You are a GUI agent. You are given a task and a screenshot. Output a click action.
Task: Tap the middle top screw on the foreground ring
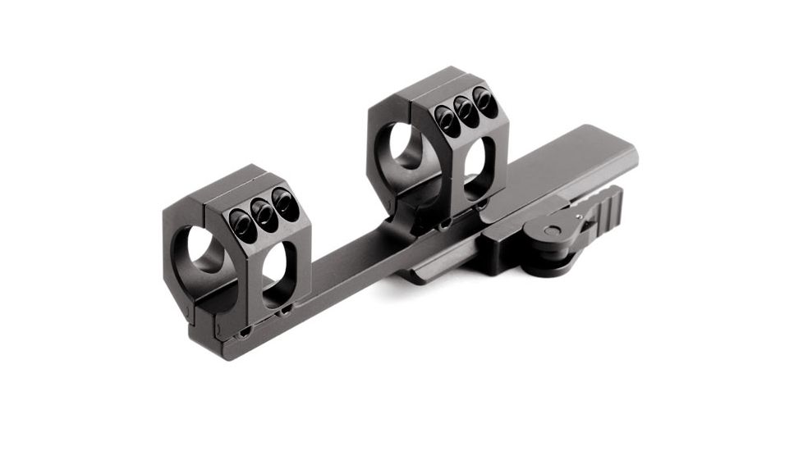(263, 212)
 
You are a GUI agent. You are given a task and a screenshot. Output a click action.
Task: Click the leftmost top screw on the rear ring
(447, 121)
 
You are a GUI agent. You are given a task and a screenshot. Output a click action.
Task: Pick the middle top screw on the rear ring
(466, 113)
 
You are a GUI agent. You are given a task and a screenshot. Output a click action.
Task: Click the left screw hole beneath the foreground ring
(245, 332)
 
